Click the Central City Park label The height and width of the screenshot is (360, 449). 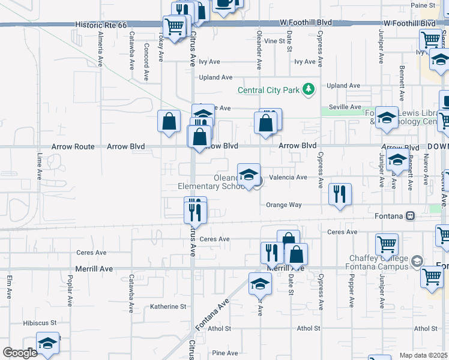pos(268,91)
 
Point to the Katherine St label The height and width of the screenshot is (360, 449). pos(168,307)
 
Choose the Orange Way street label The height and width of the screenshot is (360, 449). pos(285,205)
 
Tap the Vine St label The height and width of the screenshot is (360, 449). pos(274,41)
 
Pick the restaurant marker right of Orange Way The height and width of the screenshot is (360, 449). pos(340,194)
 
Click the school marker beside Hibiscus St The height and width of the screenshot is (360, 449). pos(47,343)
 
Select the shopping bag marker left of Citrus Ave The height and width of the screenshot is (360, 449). pos(169,121)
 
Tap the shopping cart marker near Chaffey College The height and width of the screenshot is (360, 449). pos(387,244)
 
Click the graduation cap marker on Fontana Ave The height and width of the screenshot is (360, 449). pos(261,283)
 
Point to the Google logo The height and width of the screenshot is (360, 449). pos(20,353)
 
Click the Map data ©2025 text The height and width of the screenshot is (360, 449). pos(423,355)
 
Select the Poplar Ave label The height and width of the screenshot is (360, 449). pos(70,290)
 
